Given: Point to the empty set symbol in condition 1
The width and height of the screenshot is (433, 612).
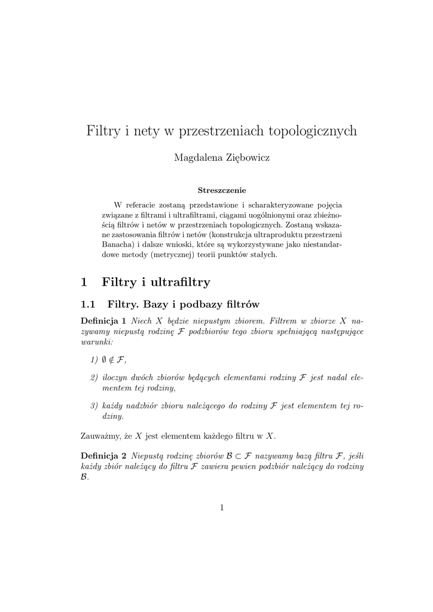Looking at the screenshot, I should [104, 359].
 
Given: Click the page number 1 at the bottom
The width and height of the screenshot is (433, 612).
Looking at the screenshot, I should [221, 508].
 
